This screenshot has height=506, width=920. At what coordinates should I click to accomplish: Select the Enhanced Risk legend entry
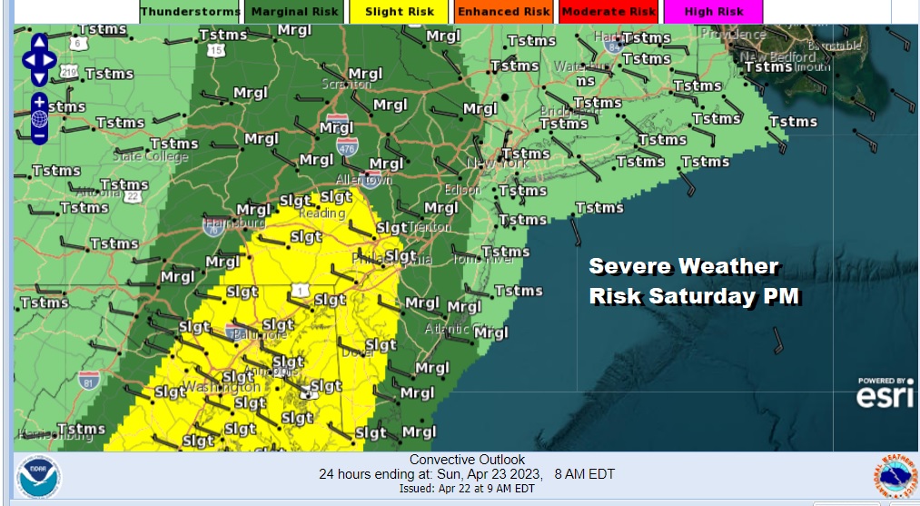click(x=503, y=12)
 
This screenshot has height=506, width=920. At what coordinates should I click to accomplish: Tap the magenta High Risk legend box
click(x=712, y=12)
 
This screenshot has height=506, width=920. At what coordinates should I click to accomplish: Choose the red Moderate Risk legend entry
click(x=608, y=12)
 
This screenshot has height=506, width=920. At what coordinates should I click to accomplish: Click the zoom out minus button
click(x=39, y=137)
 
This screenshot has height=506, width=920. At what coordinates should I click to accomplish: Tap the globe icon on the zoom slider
click(x=39, y=119)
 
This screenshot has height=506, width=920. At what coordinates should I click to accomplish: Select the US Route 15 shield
click(x=215, y=51)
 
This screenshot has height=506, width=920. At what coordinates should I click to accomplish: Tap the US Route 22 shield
click(x=134, y=195)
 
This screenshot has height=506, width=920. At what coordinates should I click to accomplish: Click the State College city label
click(x=151, y=156)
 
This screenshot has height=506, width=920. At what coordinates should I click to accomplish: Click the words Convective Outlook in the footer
click(x=467, y=460)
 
